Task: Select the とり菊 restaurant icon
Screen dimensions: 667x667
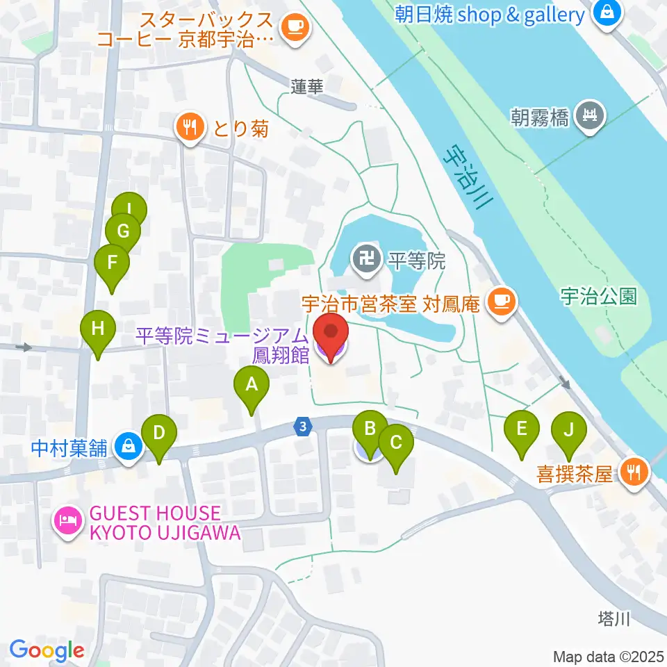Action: pyautogui.click(x=189, y=127)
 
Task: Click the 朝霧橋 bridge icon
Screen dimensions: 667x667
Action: pyautogui.click(x=592, y=115)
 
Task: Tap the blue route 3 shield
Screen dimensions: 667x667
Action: pyautogui.click(x=303, y=427)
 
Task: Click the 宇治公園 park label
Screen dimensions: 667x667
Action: pyautogui.click(x=598, y=297)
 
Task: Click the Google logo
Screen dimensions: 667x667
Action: pyautogui.click(x=47, y=650)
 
